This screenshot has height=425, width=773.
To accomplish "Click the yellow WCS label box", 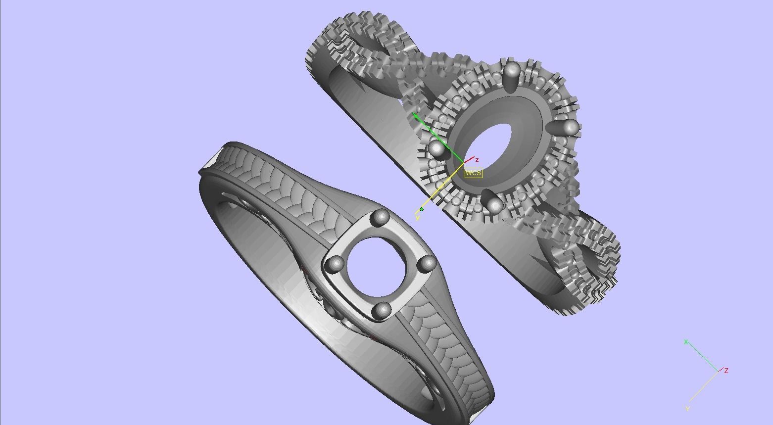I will [473, 173].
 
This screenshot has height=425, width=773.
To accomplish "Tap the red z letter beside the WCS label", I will [477, 160].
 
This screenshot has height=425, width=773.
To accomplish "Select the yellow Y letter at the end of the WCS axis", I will [418, 218].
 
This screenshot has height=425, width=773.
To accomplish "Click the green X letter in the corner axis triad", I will [686, 342].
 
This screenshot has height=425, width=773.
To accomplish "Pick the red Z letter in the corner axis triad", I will [726, 370].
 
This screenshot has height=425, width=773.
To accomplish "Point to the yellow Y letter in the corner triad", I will [687, 409].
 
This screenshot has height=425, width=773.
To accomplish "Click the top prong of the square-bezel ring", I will [382, 217].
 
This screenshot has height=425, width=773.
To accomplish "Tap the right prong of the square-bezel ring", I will [426, 264].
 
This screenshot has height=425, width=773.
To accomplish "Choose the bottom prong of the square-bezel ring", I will [382, 310].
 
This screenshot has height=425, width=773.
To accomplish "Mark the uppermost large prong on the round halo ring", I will [512, 70].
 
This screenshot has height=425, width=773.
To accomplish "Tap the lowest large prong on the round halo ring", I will [494, 204].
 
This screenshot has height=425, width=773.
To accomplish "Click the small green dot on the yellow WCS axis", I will [422, 209].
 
